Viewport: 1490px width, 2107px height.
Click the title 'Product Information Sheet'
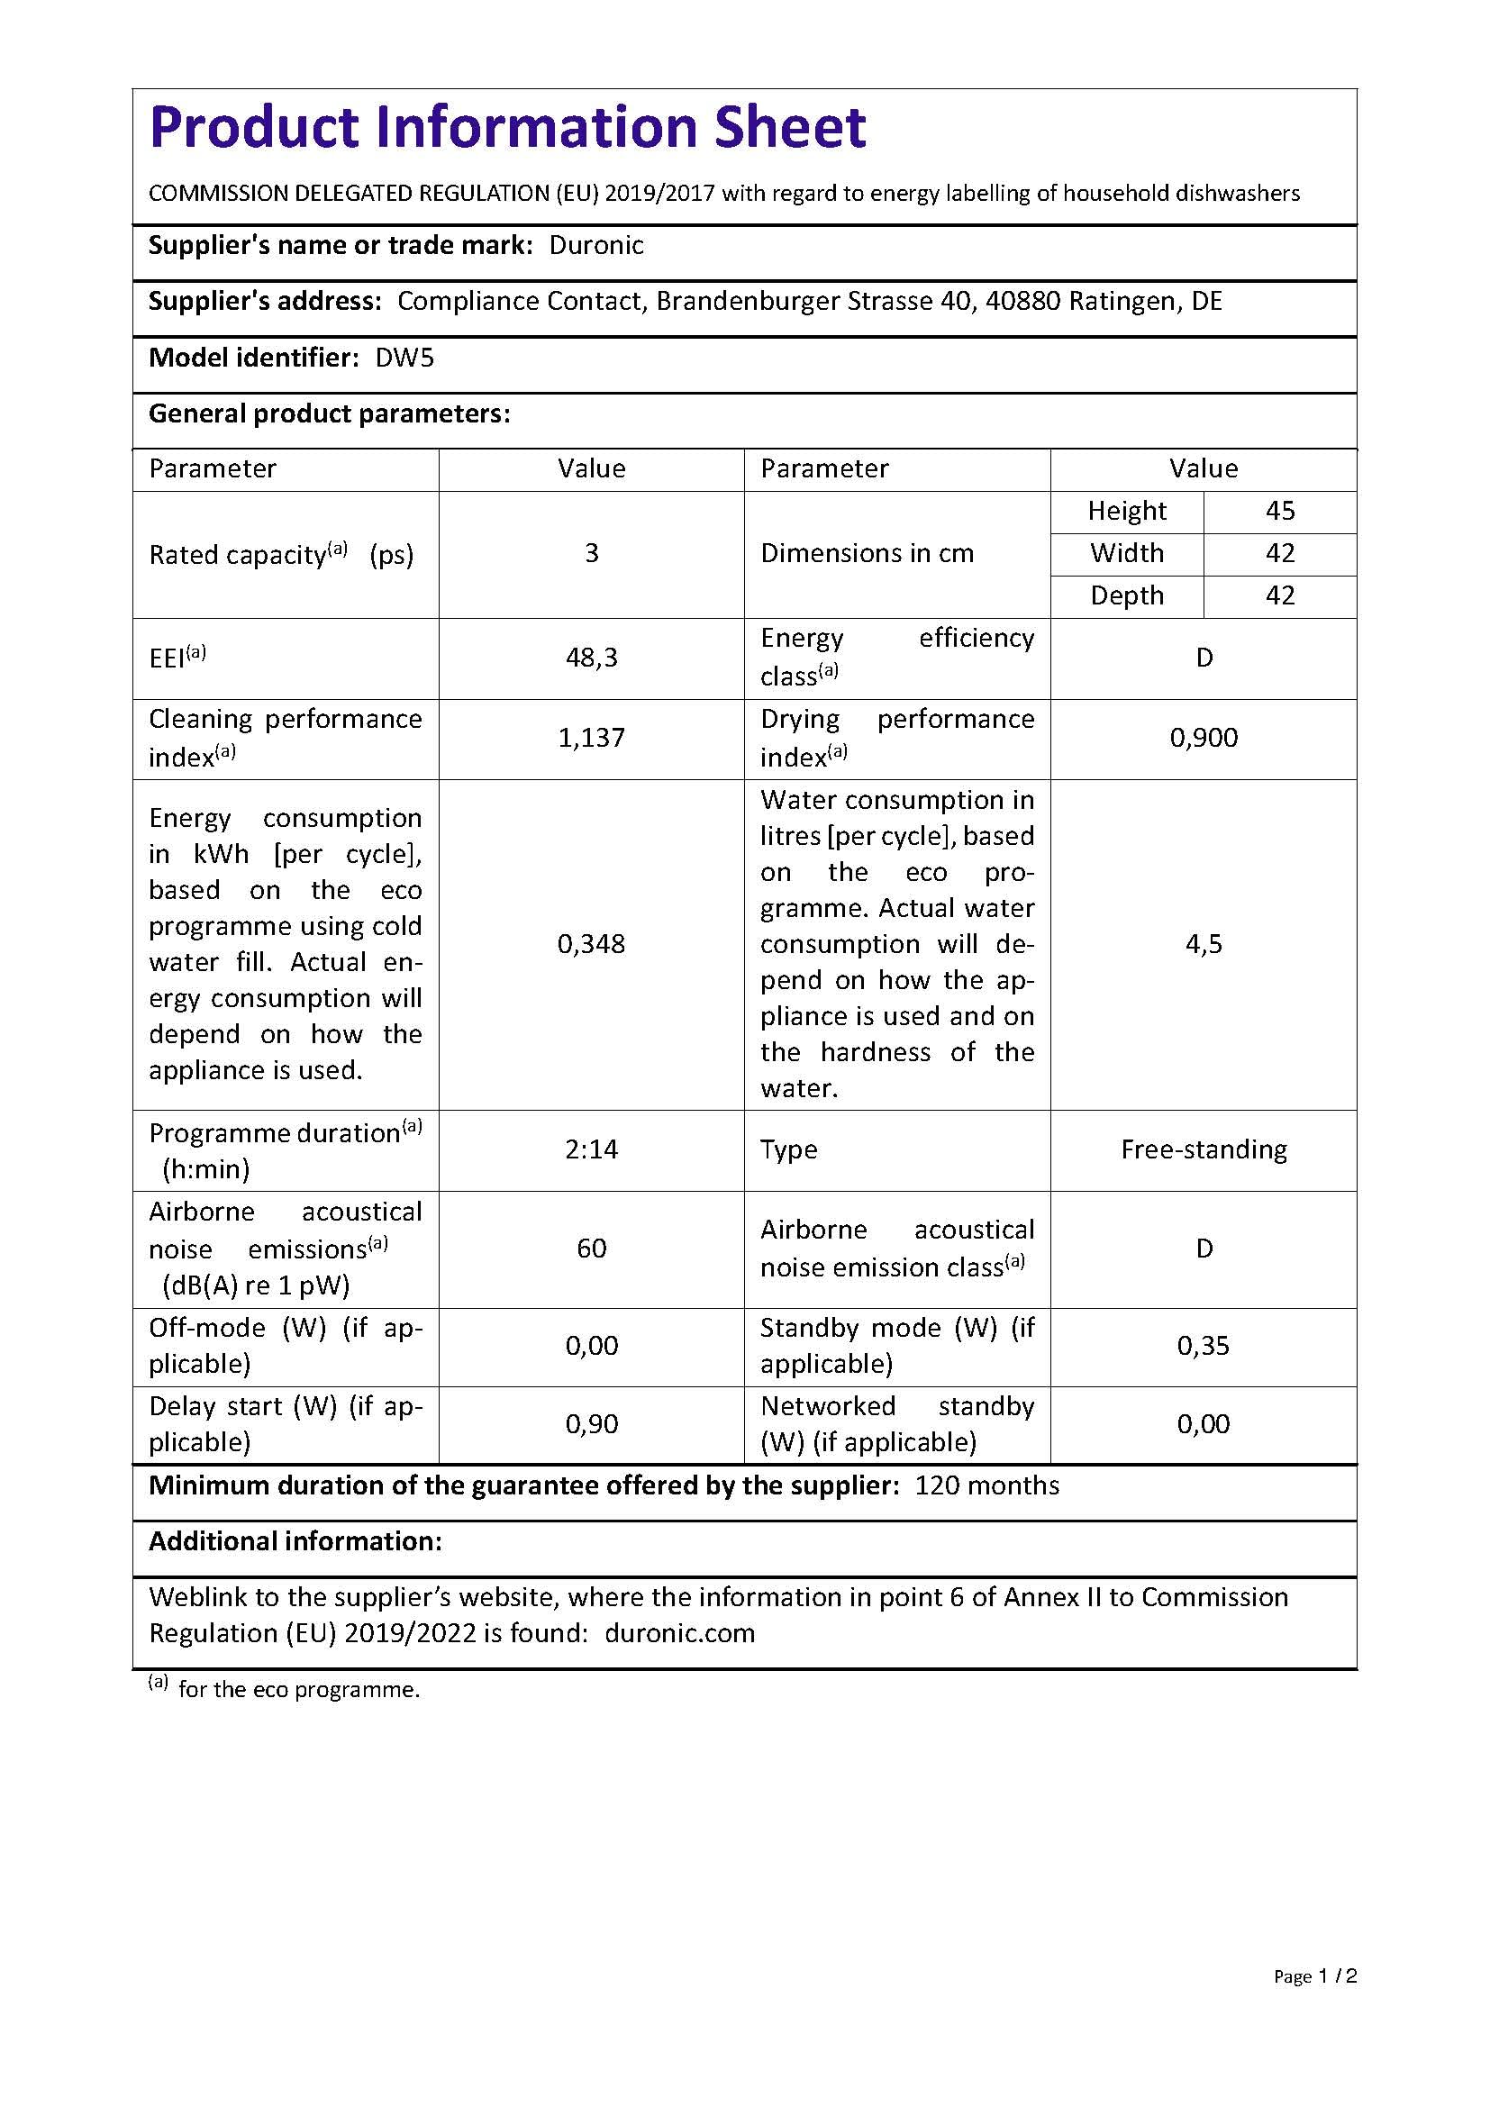[507, 127]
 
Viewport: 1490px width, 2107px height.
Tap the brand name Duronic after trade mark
[596, 245]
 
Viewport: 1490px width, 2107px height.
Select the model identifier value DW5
[404, 358]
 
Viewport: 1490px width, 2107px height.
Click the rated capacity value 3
[592, 553]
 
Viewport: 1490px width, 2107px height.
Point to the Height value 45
[1280, 511]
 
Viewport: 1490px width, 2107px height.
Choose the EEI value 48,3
[592, 658]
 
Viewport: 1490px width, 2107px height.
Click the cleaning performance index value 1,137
[592, 738]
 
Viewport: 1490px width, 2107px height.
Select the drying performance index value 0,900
[1203, 738]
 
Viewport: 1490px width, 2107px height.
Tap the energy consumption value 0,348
[592, 944]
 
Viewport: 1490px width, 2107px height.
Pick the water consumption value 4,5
[1204, 944]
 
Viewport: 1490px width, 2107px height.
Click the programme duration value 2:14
[592, 1149]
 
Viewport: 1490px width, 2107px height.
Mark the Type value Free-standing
[1204, 1149]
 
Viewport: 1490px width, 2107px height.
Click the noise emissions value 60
[592, 1248]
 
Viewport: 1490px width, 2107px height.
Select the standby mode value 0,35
[1203, 1346]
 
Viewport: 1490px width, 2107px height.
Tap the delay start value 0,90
[592, 1424]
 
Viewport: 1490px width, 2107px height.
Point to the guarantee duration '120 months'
[986, 1485]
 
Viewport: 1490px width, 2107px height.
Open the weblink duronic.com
[680, 1633]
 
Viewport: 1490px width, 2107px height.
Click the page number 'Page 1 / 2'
[1314, 2003]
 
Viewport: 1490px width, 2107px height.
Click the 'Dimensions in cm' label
[867, 553]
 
